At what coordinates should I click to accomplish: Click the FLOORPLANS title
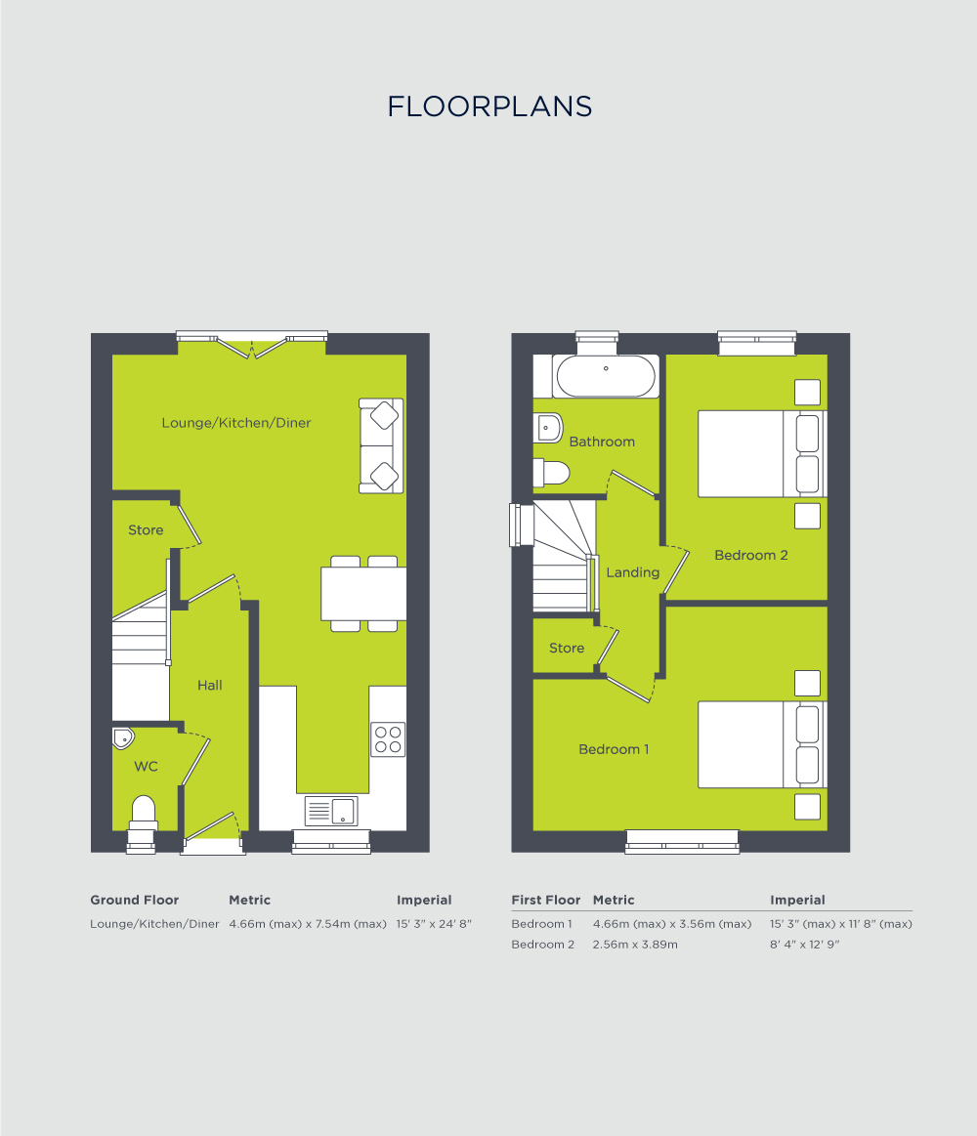489,106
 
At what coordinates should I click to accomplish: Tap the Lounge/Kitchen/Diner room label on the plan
236,423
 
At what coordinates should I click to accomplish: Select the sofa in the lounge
381,444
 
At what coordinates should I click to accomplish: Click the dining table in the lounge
363,593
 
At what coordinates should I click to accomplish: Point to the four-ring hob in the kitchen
388,738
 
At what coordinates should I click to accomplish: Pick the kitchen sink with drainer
332,811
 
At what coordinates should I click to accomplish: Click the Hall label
210,686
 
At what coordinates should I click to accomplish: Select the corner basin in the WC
122,736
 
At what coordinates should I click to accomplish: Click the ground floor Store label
146,530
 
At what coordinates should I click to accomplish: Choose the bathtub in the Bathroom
606,376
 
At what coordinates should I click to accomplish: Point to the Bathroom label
602,442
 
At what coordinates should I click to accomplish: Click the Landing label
632,572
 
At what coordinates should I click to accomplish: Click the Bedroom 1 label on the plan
614,749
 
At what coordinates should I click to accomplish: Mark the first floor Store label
567,648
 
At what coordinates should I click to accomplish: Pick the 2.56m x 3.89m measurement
635,945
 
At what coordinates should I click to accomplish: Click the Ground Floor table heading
135,900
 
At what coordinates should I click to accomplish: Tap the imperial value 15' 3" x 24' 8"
434,923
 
